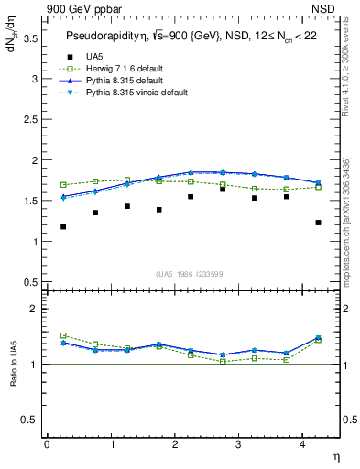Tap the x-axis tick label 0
47,444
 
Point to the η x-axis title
335,455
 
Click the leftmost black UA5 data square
63,226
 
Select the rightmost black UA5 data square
318,223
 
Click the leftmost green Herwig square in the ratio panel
63,335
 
